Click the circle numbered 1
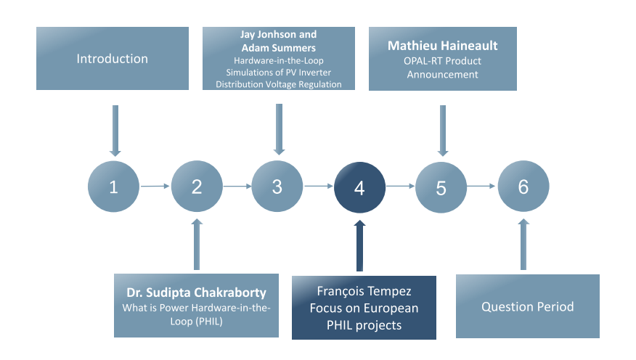[113, 187]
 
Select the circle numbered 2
[197, 186]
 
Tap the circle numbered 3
[277, 186]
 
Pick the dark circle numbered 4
[359, 187]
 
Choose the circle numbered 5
[441, 187]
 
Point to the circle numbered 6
[523, 186]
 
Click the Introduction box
[113, 58]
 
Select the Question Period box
[528, 306]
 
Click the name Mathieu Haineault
[443, 46]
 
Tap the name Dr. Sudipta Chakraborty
[196, 292]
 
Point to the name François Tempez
[364, 291]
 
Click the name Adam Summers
[279, 48]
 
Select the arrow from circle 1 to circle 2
[155, 186]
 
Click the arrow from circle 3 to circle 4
[319, 186]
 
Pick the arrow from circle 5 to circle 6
[481, 186]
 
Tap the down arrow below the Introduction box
[115, 131]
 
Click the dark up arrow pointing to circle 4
[359, 245]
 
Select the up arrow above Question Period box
[523, 244]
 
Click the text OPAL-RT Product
[443, 61]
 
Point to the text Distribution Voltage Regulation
[279, 84]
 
